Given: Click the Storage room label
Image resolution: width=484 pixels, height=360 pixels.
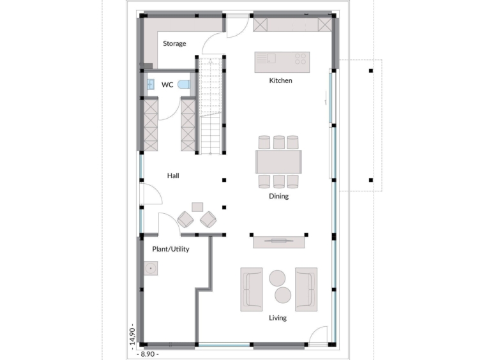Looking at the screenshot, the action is [x=174, y=43].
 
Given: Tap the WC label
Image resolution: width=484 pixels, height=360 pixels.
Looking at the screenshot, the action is [x=167, y=84].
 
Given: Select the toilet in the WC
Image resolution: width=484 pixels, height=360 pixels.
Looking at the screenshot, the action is [x=184, y=84].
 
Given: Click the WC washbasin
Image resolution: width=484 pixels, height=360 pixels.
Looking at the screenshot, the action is [x=150, y=84].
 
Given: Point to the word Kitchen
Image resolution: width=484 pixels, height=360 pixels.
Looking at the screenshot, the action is [x=280, y=80].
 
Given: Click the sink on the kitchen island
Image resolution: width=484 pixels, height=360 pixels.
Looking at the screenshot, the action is [x=271, y=58].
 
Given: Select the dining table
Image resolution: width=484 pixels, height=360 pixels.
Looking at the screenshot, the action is [x=279, y=161].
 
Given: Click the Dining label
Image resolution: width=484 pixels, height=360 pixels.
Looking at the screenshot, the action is [x=279, y=196].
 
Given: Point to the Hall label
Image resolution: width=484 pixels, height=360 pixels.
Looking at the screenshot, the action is [x=173, y=176].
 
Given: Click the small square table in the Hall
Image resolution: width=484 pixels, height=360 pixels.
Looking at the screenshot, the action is [x=197, y=207].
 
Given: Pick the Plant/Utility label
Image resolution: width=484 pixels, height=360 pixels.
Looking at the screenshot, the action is [x=170, y=249].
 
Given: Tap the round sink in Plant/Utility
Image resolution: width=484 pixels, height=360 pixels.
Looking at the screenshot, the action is [x=151, y=268].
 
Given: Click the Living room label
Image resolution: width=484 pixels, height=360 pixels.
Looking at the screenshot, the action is [x=278, y=318].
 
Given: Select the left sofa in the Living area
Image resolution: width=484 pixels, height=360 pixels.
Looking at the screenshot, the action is [x=252, y=289].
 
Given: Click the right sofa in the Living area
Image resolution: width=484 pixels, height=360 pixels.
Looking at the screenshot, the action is [x=306, y=289].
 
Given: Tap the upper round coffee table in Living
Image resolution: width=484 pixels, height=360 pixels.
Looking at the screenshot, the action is [x=277, y=278].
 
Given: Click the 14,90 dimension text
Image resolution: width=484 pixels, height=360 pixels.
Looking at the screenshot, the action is [x=132, y=336].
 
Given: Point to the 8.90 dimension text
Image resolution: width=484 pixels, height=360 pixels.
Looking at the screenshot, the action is [x=147, y=354].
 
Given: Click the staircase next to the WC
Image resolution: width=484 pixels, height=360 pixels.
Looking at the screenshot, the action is [x=211, y=106].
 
